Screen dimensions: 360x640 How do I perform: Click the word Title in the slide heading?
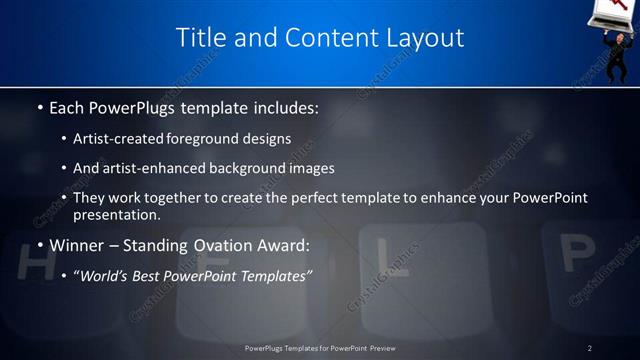201,38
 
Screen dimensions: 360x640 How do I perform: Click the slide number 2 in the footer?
590,348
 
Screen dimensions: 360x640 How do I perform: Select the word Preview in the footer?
383,348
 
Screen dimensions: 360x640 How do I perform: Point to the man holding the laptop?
620,50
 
